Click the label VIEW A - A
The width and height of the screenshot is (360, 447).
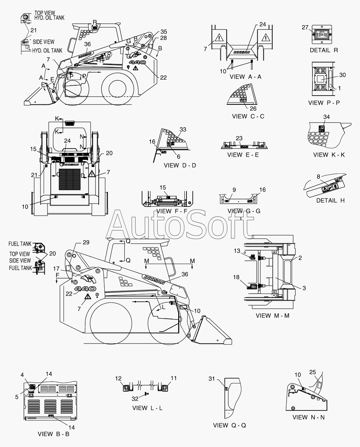coord(245,76)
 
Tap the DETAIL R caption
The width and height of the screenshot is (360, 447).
coord(324,50)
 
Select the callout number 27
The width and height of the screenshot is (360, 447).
coord(305,28)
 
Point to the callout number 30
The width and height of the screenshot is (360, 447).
coord(342,75)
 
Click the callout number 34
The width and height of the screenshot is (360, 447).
coord(326,117)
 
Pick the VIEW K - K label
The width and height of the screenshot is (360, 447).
coord(329,155)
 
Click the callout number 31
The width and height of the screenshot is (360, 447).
coord(212,379)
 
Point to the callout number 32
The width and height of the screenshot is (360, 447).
coord(135,399)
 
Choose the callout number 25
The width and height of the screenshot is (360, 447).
coord(312,372)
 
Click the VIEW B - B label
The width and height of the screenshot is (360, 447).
coord(54,434)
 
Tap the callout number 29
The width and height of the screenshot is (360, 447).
coord(86,242)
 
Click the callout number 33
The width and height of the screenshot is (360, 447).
coord(183,130)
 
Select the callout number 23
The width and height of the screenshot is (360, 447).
coord(239,138)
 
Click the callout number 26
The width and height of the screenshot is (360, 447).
coord(253,109)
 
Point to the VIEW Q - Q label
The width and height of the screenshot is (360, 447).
coord(229,425)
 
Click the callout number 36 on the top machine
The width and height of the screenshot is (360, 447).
coord(87,44)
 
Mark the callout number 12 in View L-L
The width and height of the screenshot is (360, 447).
coord(118,378)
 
